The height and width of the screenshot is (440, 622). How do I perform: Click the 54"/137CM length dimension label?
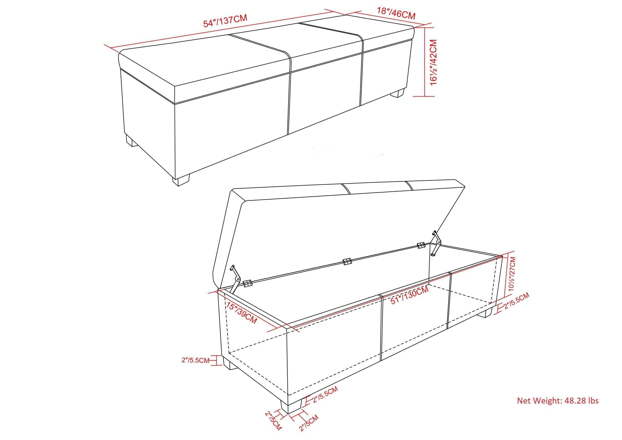point(226,21)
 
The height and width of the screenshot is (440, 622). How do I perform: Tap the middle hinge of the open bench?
point(347,262)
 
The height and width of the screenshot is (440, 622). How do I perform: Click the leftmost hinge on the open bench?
point(248,283)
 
